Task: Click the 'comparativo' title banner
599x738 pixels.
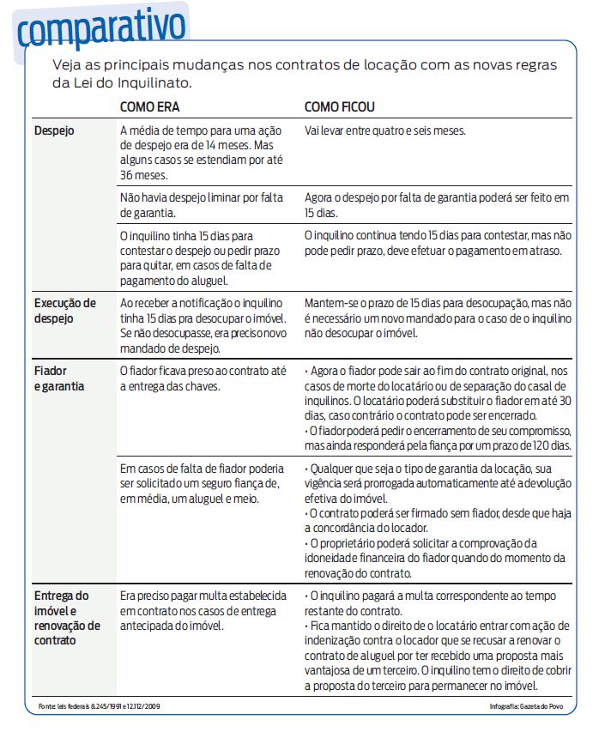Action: coord(101,28)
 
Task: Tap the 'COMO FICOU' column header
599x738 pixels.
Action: coord(340,107)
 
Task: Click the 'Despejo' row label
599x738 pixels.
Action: coord(54,131)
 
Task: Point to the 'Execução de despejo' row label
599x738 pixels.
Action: coord(64,311)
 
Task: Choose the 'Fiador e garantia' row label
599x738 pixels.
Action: coord(59,378)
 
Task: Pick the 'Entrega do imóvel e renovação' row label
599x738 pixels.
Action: coord(67,617)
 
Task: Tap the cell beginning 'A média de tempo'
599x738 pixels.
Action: coord(202,153)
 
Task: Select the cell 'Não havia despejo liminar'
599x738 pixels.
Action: coord(202,204)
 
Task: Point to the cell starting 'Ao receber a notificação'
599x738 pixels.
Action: coord(202,325)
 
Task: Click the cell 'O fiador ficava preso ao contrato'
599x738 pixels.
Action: coord(202,378)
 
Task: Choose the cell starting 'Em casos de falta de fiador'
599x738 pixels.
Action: coord(202,484)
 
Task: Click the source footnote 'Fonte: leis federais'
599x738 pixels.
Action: coord(100,706)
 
